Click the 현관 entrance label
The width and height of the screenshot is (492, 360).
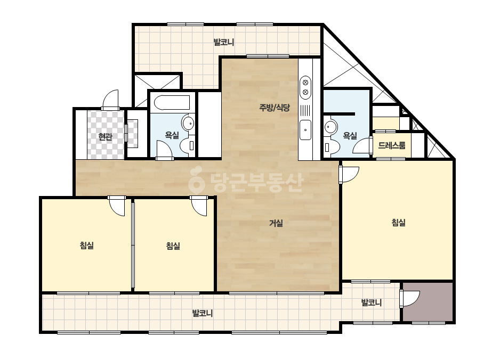pyautogui.click(x=105, y=137)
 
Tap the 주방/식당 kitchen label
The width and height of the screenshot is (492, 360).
pyautogui.click(x=275, y=108)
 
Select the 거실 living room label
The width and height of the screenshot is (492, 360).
pyautogui.click(x=276, y=223)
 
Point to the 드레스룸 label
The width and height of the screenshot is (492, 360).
pyautogui.click(x=392, y=145)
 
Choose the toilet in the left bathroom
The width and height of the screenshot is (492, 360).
pyautogui.click(x=188, y=146)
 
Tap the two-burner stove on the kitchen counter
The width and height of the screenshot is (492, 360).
pyautogui.click(x=305, y=87)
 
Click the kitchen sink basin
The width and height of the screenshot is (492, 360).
pyautogui.click(x=305, y=130)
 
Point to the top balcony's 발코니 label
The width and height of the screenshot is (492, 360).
pyautogui.click(x=224, y=42)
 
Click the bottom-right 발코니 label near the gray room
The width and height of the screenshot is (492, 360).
pyautogui.click(x=372, y=302)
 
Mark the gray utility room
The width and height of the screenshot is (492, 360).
pyautogui.click(x=428, y=302)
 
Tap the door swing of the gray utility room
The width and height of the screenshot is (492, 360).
pyautogui.click(x=410, y=299)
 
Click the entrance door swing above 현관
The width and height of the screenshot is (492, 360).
pyautogui.click(x=110, y=100)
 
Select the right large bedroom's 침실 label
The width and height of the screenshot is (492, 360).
pyautogui.click(x=399, y=223)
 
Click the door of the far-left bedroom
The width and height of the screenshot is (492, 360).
pyautogui.click(x=117, y=206)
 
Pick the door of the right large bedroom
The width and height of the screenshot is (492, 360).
pyautogui.click(x=349, y=174)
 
